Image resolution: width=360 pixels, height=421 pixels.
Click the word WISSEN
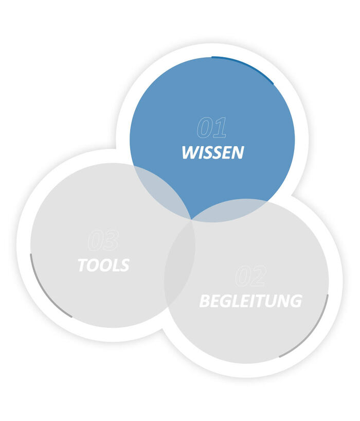pyautogui.click(x=212, y=153)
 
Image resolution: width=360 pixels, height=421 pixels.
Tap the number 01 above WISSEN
pyautogui.click(x=212, y=128)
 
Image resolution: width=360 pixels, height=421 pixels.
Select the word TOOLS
pyautogui.click(x=103, y=265)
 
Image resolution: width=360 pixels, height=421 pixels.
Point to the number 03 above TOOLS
pyautogui.click(x=103, y=240)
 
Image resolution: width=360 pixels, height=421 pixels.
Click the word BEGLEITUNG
pyautogui.click(x=250, y=301)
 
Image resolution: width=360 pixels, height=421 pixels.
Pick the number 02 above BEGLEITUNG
pyautogui.click(x=250, y=276)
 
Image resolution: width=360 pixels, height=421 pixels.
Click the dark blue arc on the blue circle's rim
pyautogui.click(x=242, y=64)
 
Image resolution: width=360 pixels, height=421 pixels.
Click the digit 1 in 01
pyautogui.click(x=220, y=128)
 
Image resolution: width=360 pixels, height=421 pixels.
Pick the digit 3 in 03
pyautogui.click(x=111, y=240)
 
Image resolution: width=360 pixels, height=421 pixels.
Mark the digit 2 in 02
pyautogui.click(x=259, y=276)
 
